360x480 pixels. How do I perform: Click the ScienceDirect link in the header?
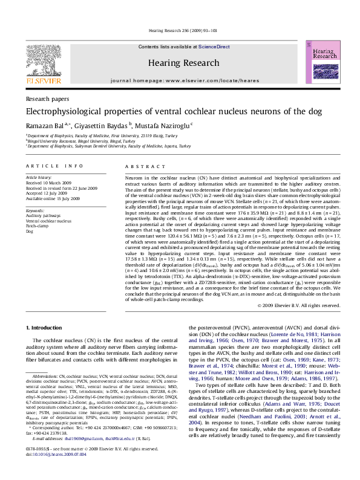click(211, 47)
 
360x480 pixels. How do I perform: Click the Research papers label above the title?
click(47, 99)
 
